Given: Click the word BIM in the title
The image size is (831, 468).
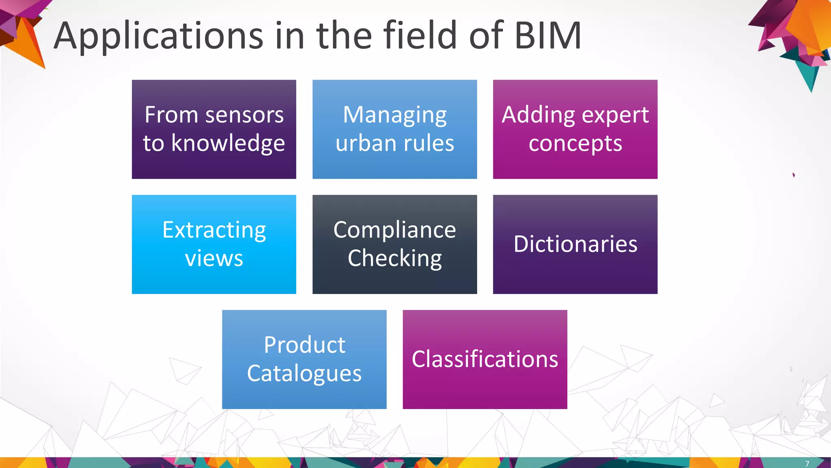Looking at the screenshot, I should coord(548,36).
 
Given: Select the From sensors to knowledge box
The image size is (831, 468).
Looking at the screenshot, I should coord(214,129).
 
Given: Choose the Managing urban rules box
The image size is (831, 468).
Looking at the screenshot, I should coord(394,129).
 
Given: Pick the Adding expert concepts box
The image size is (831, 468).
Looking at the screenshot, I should coord(575,129).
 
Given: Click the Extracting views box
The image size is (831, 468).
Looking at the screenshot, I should coord(214,244).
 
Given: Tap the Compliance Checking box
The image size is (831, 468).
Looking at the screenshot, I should coord(394,244).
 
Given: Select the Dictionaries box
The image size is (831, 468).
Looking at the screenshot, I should coord(575,244).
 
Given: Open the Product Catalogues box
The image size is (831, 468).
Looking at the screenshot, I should coord(304,359).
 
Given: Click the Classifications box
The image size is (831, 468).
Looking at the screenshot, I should coord(485,359).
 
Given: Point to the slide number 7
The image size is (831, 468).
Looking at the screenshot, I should coord(807,464).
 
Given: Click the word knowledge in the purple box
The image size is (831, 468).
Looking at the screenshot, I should coord(228,144).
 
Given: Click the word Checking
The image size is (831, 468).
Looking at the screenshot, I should coord(394,259).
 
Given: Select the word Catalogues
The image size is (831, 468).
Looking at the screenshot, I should coord(304,374).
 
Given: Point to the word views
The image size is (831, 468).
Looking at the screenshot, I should coord(214,258).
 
